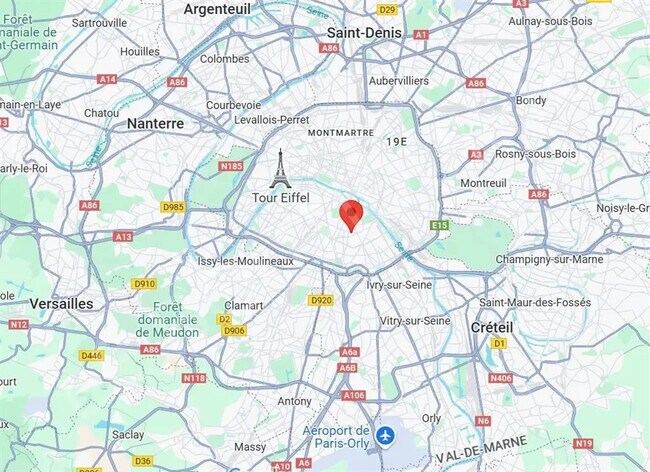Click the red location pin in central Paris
coord(350,214)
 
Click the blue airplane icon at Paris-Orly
coord(386,436)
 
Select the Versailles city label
coord(62,303)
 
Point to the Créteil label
coord(491,327)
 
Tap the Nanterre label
coord(155,123)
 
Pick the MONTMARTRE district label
coord(341,132)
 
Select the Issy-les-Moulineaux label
coord(246,261)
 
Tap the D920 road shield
coord(320,300)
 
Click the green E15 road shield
coord(440,226)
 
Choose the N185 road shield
coord(231,166)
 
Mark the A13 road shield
coord(123,237)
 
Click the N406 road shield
coord(501,378)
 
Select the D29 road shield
coord(387,9)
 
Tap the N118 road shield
coord(194,378)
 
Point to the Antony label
coord(294,401)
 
